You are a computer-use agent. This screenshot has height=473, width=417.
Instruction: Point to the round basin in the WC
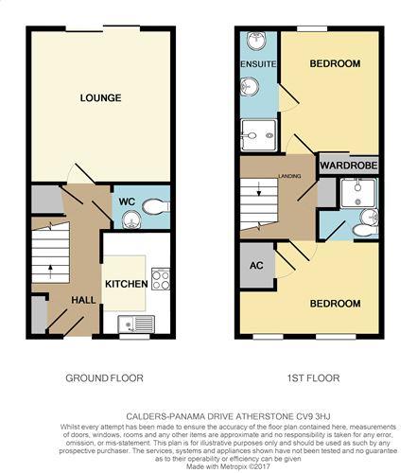coord(130,219)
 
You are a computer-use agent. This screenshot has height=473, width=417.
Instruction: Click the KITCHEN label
coord(124,283)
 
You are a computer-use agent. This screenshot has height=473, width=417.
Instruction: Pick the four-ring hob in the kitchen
coord(160,280)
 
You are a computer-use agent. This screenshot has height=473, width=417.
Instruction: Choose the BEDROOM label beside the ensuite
coord(335,63)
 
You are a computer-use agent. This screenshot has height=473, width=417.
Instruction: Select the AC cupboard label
coord(255,265)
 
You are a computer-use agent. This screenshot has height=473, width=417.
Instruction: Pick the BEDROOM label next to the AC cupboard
coord(335,304)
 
